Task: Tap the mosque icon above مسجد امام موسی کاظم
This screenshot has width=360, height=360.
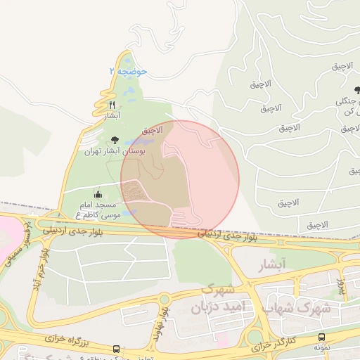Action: (x=98, y=194)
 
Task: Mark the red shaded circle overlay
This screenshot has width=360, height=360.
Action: (x=180, y=179)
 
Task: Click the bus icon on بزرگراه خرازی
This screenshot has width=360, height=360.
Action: (x=116, y=349)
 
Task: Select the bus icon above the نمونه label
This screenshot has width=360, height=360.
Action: (x=321, y=337)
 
